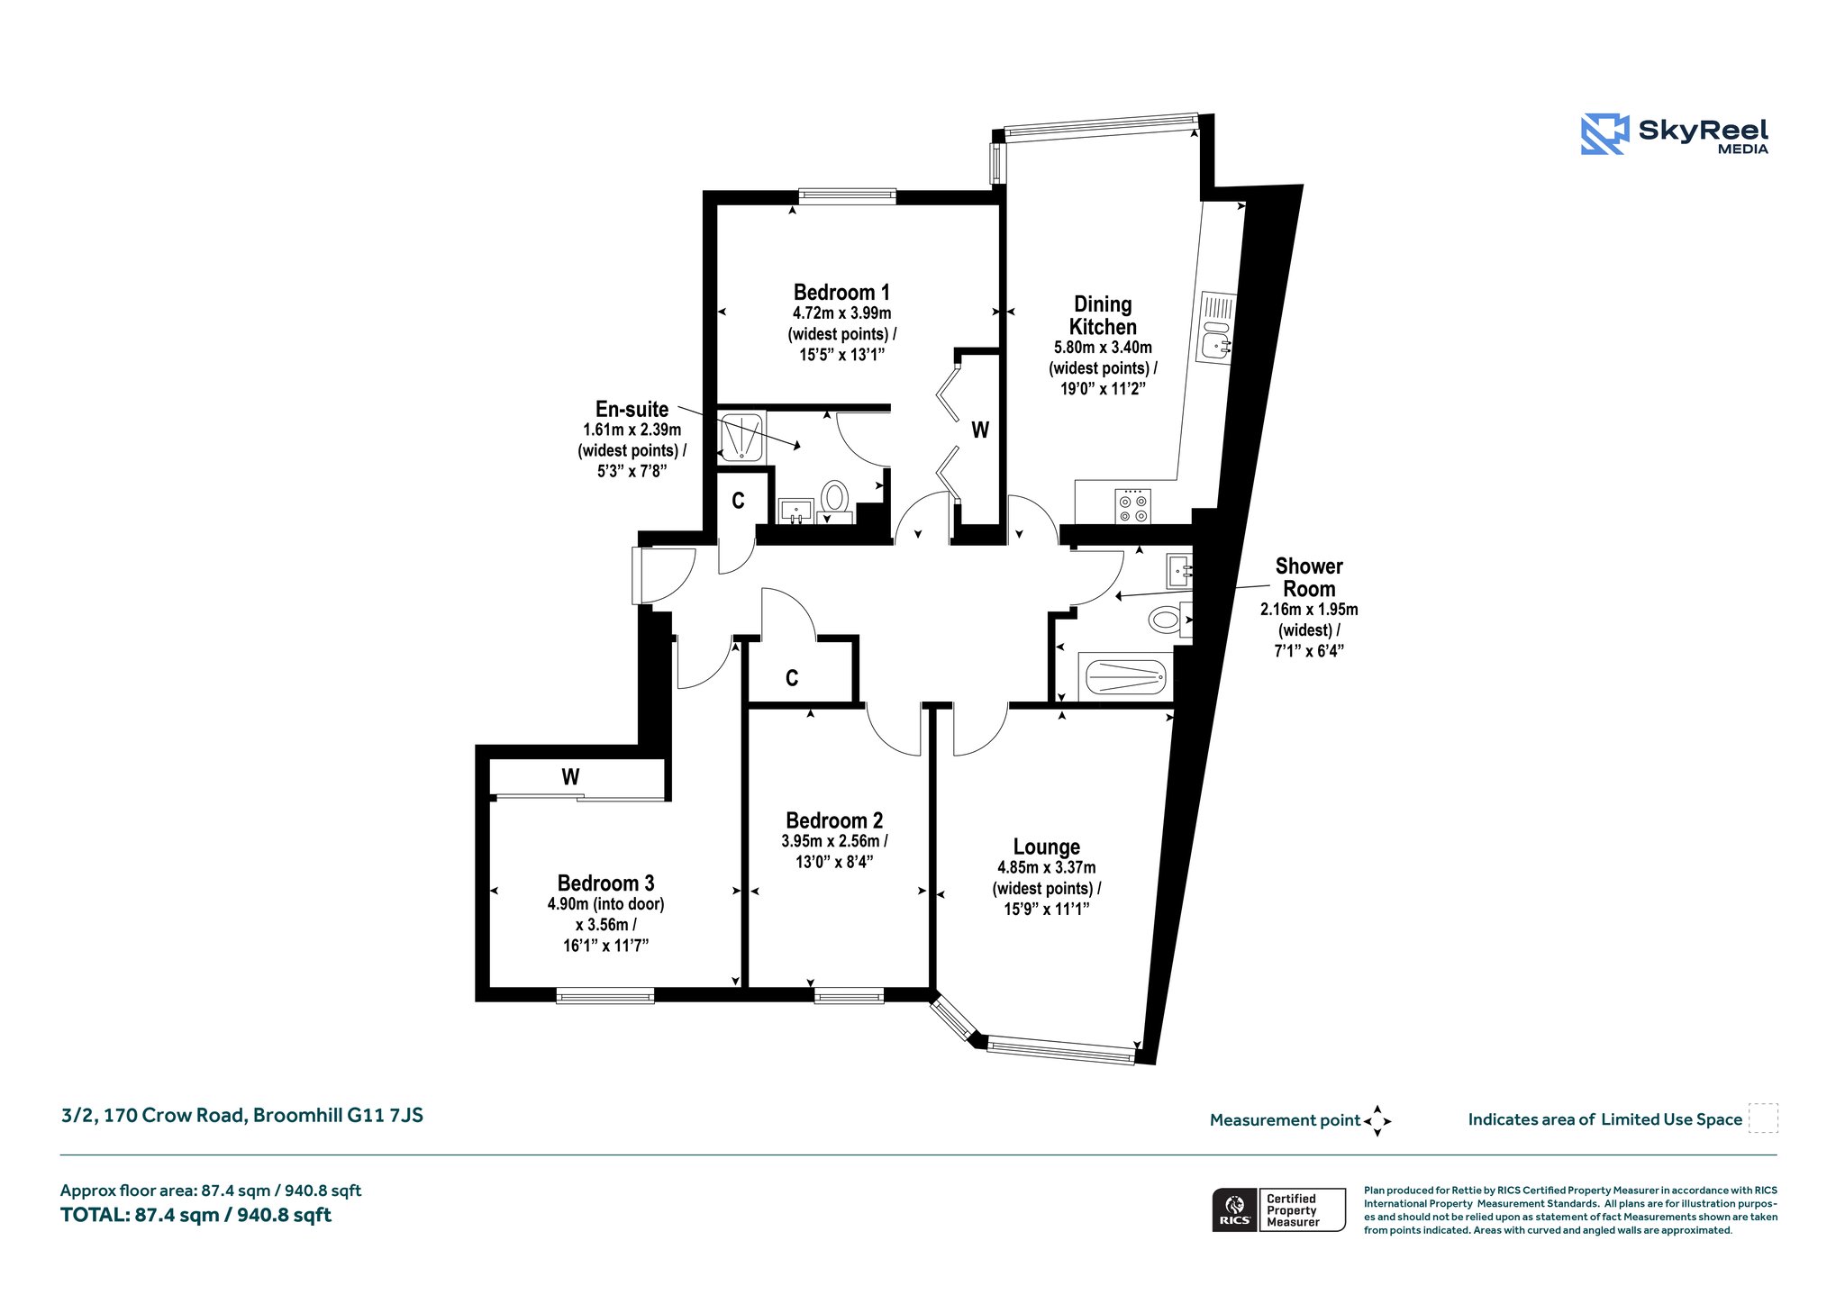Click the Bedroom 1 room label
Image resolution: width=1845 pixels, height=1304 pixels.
point(841,293)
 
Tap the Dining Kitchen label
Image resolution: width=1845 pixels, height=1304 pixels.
point(1103,315)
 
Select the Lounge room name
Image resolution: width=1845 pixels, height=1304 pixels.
point(1046,847)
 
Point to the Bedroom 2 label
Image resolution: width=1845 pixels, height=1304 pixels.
point(834,820)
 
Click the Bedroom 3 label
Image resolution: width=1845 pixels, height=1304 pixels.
point(605,883)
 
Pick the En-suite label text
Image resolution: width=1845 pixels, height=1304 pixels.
point(632,409)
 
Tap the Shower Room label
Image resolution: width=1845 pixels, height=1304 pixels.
point(1309,577)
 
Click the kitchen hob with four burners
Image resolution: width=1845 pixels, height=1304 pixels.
point(1132,505)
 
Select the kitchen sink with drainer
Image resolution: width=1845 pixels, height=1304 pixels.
point(1216,327)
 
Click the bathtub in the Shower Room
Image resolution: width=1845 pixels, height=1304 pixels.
point(1126,675)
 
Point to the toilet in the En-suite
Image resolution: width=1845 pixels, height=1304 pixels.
point(835,500)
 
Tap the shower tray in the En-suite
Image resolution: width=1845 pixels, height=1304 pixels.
point(742,437)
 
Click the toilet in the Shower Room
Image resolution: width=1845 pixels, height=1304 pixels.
point(1169,620)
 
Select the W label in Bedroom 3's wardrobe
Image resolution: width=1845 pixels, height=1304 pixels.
point(570,776)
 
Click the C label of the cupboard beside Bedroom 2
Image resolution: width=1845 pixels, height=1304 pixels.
point(792,678)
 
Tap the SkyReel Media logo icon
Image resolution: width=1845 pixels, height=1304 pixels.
point(1604,134)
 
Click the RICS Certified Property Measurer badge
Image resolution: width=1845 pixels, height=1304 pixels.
point(1278,1209)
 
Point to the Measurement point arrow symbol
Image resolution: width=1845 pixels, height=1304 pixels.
point(1377,1121)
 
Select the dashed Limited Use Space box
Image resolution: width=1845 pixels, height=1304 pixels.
point(1763,1118)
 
